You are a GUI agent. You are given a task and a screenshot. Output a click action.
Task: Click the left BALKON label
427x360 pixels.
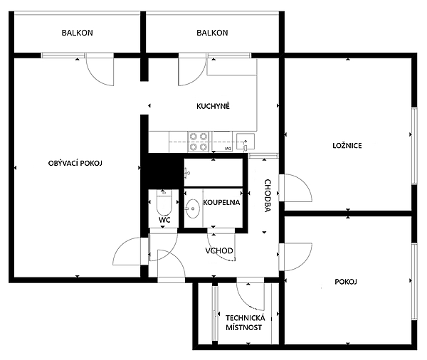click(x=77, y=33)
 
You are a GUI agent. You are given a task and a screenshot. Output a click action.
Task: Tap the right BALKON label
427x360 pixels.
click(x=212, y=33)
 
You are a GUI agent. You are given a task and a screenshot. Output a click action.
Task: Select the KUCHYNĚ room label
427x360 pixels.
click(x=213, y=107)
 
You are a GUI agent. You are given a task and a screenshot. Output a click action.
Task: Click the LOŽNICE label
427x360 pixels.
click(x=347, y=146)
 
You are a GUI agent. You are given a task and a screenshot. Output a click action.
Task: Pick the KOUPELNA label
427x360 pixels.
click(x=221, y=203)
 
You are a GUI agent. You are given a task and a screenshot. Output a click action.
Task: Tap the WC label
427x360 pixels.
click(x=164, y=221)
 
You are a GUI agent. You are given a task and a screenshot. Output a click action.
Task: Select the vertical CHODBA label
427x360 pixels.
click(x=268, y=196)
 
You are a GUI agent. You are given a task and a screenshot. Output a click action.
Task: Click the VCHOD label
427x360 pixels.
click(x=220, y=251)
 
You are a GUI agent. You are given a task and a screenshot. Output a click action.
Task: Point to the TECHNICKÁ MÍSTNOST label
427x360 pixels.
click(x=244, y=322)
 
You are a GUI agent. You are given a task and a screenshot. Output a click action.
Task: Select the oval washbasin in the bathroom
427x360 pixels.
click(x=192, y=208)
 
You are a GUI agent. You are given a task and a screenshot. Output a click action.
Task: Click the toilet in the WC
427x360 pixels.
click(x=163, y=203)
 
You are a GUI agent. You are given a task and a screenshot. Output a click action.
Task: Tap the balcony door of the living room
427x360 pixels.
click(x=99, y=70)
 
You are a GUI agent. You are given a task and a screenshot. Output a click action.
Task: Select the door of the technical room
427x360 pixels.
click(x=250, y=292)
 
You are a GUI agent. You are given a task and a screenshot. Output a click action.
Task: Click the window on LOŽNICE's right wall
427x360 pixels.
click(x=412, y=147)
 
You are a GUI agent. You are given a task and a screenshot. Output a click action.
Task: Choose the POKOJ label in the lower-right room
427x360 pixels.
click(x=345, y=282)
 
